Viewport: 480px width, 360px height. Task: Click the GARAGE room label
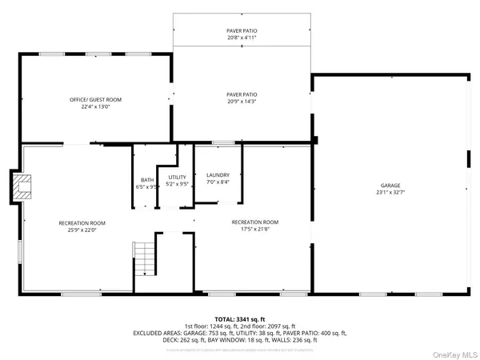(390, 185)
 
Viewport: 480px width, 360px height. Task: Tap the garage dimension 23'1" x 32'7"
(390, 192)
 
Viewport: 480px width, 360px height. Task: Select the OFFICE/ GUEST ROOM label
(95, 100)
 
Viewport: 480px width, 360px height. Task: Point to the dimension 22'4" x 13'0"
(95, 107)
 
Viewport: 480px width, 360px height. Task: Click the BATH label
(147, 180)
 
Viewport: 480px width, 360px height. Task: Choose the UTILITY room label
(177, 177)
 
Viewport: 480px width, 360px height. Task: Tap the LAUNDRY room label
(218, 175)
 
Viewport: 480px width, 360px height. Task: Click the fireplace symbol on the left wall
(24, 186)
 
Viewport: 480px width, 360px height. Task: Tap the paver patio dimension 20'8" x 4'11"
(241, 37)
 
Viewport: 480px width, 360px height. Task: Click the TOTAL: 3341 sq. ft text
(240, 318)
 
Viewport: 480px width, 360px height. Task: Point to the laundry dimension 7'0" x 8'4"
(218, 182)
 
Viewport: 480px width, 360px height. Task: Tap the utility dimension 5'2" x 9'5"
(177, 184)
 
